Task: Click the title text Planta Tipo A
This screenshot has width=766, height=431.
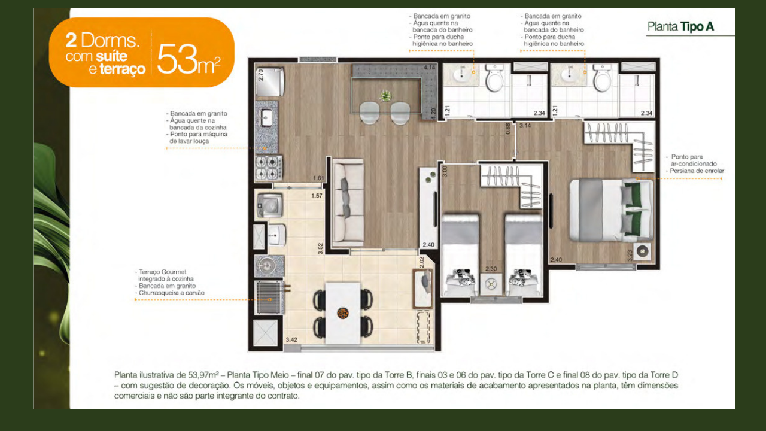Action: pos(680,27)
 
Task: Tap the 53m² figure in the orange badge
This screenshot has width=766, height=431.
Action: pos(189,59)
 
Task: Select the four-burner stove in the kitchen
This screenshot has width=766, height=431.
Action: pos(269,168)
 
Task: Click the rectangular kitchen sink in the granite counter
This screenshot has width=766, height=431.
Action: pos(266,117)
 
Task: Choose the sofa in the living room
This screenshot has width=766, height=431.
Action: pos(348,202)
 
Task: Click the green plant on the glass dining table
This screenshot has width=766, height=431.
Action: pos(385,96)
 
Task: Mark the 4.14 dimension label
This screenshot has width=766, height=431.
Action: pos(430,68)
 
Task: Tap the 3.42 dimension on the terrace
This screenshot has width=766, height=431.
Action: pos(291,339)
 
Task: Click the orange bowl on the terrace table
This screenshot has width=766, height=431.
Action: pos(343,313)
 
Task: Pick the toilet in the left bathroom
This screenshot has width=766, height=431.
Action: pos(494,78)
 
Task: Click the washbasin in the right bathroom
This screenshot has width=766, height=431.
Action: pos(569,75)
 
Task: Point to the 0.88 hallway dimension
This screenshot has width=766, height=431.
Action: pos(508,129)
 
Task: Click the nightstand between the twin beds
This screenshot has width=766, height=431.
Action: pos(491,284)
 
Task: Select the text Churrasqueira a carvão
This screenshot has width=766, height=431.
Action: pos(172,293)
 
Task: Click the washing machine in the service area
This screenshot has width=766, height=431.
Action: pos(270,205)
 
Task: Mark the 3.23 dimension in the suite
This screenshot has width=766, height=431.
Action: pos(630,256)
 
